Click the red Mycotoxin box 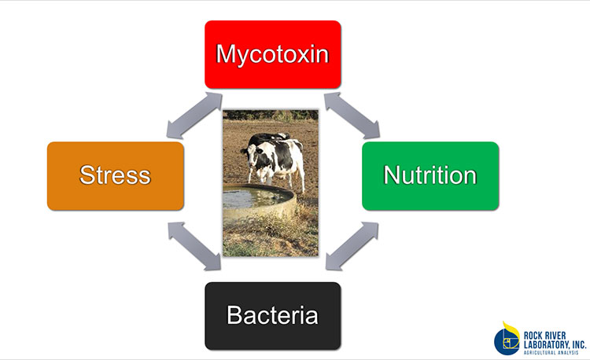coord(273,54)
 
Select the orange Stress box coord(116,176)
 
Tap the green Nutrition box coord(430,176)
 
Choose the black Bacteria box coord(273,316)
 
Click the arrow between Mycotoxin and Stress coord(194,115)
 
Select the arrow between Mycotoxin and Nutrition coord(352,115)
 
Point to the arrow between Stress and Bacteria coord(194,246)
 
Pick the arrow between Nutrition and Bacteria coord(352,246)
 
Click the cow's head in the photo coord(250,155)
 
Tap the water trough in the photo coord(259,202)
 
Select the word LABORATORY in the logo coord(546,344)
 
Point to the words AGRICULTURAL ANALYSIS coord(551,352)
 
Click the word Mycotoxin coord(272,54)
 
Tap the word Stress coord(115,175)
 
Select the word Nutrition coord(430,175)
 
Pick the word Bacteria coord(272,315)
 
